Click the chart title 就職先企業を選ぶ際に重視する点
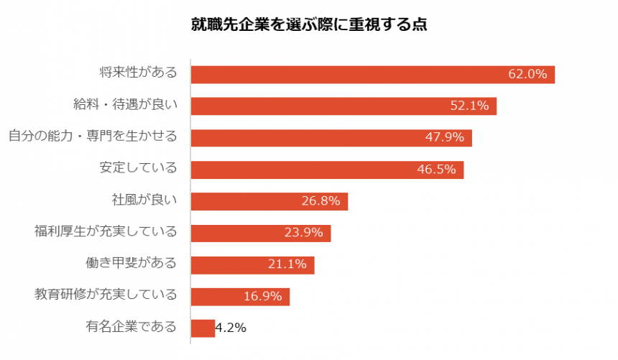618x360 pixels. pos(308,25)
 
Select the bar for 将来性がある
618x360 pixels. pos(359,74)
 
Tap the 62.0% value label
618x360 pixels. pos(528,74)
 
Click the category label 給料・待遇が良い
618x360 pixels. pos(125,106)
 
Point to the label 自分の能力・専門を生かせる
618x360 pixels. pos(92,137)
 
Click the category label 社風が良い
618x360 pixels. pos(144,201)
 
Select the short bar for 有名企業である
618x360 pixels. pos(203,328)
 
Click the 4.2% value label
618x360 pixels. pos(231,328)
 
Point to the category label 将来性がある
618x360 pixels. pos(137,74)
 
